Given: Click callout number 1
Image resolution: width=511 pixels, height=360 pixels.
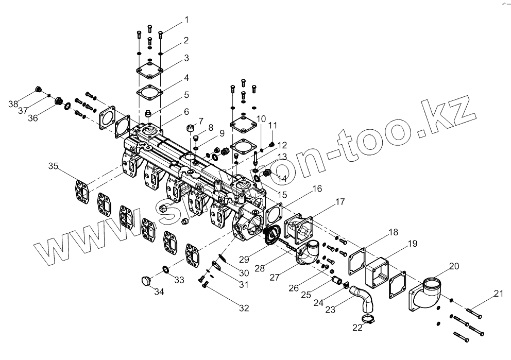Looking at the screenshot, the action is (186, 20).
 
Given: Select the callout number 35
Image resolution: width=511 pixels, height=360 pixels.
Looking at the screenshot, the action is (54, 166).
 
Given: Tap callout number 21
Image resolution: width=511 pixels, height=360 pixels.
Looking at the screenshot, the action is (498, 294).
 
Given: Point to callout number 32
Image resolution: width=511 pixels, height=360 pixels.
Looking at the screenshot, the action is (244, 308).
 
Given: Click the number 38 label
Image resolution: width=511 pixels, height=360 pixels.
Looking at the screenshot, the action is (13, 104).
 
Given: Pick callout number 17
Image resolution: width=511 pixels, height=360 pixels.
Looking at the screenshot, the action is (340, 202).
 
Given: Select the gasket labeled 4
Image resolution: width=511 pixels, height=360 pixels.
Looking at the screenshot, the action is (149, 92).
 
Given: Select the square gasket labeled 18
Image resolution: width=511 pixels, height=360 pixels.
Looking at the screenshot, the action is (356, 260).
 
